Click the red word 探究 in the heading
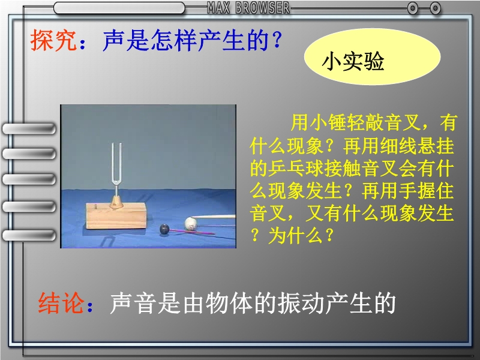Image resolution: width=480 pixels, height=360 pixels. tap(53, 40)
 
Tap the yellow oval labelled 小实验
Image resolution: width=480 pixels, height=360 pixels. tap(372, 57)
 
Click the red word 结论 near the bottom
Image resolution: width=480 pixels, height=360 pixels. tap(61, 303)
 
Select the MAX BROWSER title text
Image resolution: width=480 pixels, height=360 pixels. tap(248, 8)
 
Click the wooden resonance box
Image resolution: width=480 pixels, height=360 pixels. tap(116, 216)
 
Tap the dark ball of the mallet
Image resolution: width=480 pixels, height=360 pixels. tap(164, 229)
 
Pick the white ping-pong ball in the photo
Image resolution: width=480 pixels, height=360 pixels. tap(191, 223)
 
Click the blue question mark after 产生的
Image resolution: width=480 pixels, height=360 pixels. tap(277, 40)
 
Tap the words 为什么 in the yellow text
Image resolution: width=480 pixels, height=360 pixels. tap(296, 236)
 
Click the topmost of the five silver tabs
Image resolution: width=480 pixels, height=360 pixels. tap(29, 128)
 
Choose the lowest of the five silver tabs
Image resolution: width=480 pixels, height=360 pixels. tap(29, 235)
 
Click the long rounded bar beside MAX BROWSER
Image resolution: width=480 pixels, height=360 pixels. tap(119, 8)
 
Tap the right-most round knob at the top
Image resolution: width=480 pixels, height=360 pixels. tap(435, 8)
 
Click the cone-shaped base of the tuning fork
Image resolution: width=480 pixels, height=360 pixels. tap(116, 202)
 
